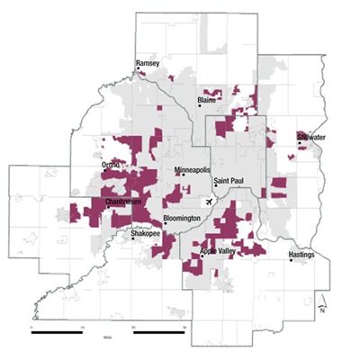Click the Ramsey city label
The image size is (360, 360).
coord(146,64)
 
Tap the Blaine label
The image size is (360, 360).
coord(208,100)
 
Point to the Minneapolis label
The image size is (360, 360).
coord(192,169)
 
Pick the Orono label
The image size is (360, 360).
coord(112,165)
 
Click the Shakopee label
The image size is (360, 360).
coord(145,232)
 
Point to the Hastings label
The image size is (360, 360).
coord(301,255)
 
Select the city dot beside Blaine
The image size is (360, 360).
coord(200,106)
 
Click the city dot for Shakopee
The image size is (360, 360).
coord(134,238)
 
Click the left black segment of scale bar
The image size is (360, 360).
coord(58,332)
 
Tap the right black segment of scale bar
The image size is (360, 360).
coord(158,332)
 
